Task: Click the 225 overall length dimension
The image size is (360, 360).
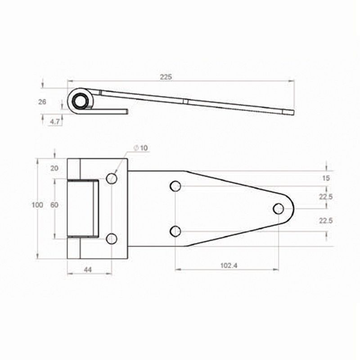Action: [x=166, y=77]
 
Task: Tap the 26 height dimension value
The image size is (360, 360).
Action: [x=42, y=102]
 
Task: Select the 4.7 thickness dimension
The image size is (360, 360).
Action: [x=55, y=121]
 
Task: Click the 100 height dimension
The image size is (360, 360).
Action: [x=37, y=205]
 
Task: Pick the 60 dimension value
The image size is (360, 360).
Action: [x=54, y=205]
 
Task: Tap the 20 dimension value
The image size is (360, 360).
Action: [x=54, y=168]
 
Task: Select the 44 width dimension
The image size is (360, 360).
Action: [x=88, y=270]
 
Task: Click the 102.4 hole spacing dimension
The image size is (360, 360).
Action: [x=229, y=265]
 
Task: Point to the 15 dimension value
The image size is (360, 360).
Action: [x=326, y=178]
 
